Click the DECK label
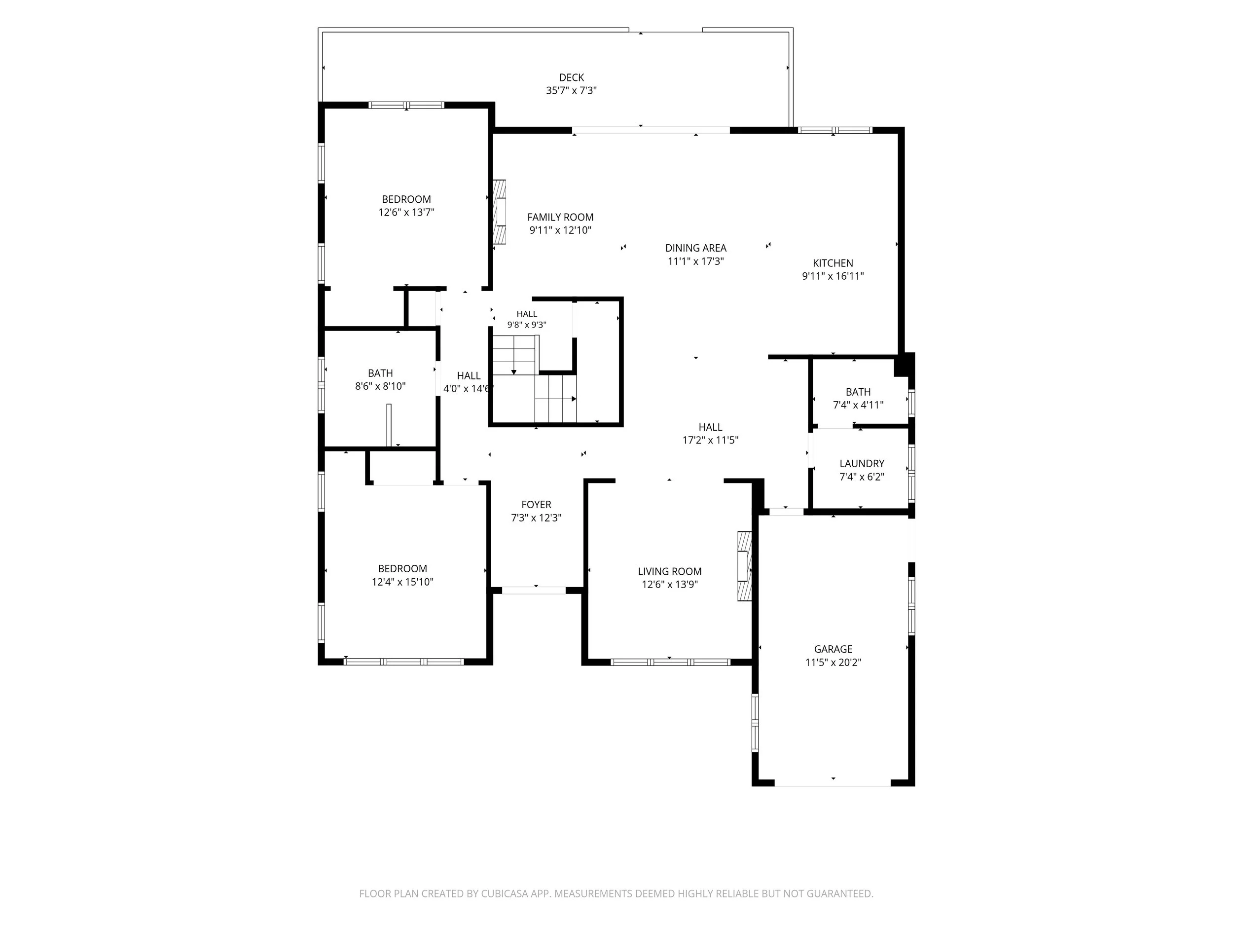[x=571, y=77]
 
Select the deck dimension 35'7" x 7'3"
[x=571, y=90]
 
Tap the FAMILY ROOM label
[x=560, y=218]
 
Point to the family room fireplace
[x=500, y=211]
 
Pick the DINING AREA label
[x=695, y=248]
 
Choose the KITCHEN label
[x=833, y=263]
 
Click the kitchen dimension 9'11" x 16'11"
[x=833, y=276]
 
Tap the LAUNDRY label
[x=862, y=463]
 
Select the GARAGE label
[x=834, y=649]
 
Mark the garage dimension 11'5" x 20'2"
[x=834, y=663]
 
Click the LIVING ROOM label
[x=669, y=571]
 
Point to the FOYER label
[x=536, y=505]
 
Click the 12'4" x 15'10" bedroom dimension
[x=402, y=582]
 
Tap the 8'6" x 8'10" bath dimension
[x=380, y=386]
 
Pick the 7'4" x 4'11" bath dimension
[x=858, y=406]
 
